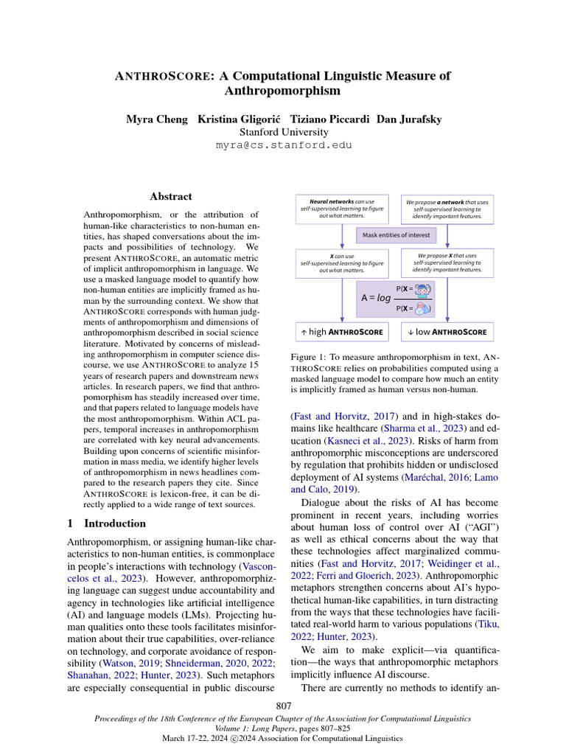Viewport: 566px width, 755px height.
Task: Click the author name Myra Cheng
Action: click(x=152, y=119)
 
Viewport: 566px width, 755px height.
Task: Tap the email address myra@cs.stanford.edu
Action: click(x=284, y=145)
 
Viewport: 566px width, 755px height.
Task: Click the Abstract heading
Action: click(x=171, y=197)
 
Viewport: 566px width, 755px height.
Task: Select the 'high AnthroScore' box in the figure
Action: click(x=342, y=332)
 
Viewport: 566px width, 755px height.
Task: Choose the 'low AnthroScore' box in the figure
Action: click(x=447, y=332)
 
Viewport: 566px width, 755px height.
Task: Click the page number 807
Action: click(x=284, y=706)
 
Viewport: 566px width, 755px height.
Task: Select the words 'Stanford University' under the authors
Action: click(x=284, y=132)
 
